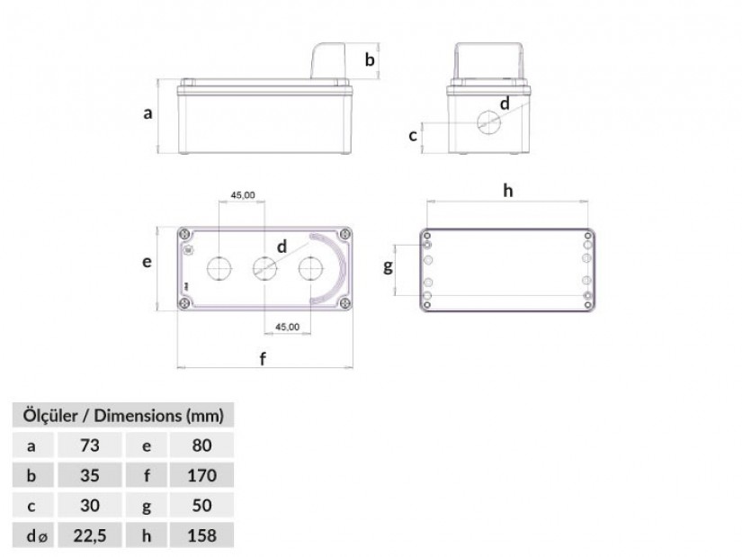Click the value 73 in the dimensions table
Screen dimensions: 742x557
[89, 445]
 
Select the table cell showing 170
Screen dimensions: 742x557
[201, 475]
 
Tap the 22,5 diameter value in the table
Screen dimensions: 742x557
[90, 535]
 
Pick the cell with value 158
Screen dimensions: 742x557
[201, 535]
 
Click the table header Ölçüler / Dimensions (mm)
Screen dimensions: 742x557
[123, 416]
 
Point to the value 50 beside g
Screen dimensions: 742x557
[201, 506]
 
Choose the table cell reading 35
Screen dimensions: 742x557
[89, 475]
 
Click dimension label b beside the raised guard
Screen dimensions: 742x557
[370, 59]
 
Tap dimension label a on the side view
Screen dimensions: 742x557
[148, 113]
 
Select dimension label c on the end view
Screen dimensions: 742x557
[413, 136]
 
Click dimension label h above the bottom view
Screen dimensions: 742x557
[508, 191]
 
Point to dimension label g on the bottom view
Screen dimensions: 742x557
[388, 267]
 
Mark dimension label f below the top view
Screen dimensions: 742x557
[264, 358]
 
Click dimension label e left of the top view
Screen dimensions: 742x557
[148, 262]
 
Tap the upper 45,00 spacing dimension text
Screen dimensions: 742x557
[243, 195]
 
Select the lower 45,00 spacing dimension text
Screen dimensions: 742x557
[287, 327]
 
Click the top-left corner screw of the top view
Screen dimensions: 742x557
[184, 235]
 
